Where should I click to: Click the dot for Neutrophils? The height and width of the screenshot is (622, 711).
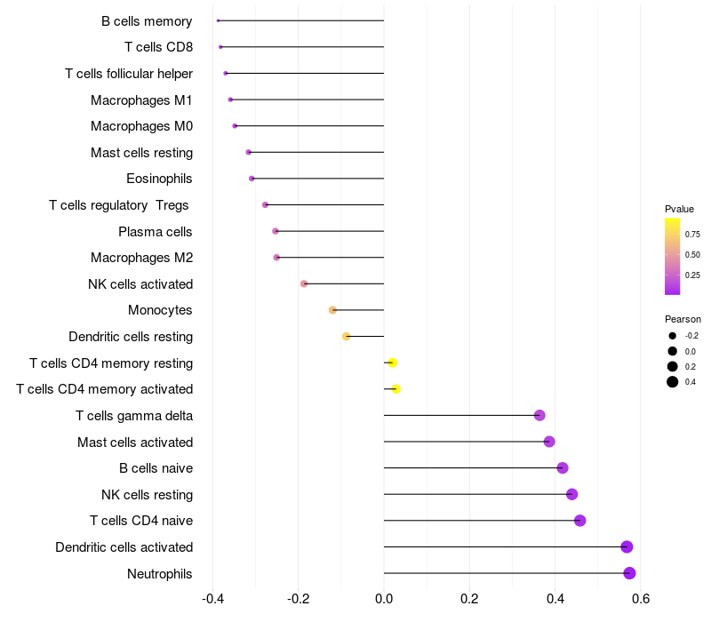click(629, 573)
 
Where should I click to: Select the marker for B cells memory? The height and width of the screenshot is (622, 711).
click(218, 20)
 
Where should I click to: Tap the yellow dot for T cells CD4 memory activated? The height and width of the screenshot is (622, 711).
click(395, 389)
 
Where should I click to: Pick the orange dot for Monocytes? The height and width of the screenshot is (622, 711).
click(332, 310)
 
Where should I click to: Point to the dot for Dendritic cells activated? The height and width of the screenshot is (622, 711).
click(627, 546)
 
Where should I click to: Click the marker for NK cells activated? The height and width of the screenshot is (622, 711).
click(304, 283)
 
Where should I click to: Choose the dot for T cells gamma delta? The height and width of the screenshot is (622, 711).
click(539, 415)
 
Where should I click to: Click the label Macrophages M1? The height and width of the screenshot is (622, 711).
click(141, 100)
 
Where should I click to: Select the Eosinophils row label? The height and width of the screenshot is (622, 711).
click(159, 179)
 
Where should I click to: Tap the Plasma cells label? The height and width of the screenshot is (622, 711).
click(155, 232)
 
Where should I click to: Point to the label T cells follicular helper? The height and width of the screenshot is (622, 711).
click(129, 74)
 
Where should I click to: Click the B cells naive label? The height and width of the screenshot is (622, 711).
click(156, 468)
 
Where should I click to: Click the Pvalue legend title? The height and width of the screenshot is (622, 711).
click(679, 209)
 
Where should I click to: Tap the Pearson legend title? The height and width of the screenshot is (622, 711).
click(683, 319)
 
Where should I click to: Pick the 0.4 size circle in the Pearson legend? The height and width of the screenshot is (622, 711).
click(673, 382)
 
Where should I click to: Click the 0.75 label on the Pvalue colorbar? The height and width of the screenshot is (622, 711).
click(692, 235)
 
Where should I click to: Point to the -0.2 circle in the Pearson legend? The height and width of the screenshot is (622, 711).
click(673, 336)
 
